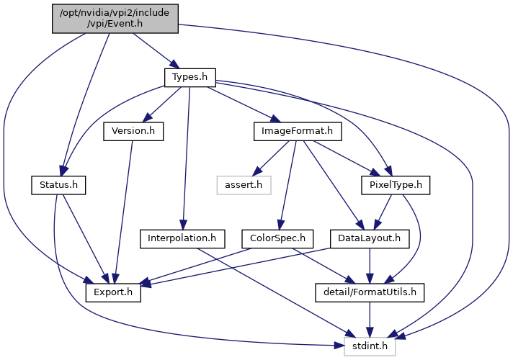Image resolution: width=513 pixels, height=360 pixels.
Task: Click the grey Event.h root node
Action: click(x=115, y=19)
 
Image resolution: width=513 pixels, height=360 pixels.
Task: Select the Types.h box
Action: click(x=190, y=78)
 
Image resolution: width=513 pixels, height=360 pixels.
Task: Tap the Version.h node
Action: click(x=133, y=132)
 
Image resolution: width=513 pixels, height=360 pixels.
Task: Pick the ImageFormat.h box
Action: click(x=298, y=132)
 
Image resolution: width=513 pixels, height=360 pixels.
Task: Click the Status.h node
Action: click(x=58, y=185)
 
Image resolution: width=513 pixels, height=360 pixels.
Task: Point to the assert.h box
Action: click(x=244, y=185)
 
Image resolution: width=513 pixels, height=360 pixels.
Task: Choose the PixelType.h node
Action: click(x=396, y=185)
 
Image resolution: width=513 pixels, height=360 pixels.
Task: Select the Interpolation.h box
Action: click(x=182, y=239)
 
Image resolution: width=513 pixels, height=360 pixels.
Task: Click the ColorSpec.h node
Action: click(x=277, y=239)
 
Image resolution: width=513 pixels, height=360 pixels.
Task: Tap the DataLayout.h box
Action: click(x=370, y=239)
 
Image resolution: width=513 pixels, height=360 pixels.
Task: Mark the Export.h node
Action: click(x=113, y=292)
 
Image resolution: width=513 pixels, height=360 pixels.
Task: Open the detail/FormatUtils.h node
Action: click(x=370, y=292)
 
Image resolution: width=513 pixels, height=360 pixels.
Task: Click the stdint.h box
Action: click(x=370, y=346)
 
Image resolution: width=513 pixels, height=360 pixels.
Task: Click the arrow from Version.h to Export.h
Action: click(x=123, y=212)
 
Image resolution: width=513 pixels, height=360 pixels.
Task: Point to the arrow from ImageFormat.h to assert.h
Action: click(x=271, y=158)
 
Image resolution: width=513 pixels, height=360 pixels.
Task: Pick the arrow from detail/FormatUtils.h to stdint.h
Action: click(x=370, y=320)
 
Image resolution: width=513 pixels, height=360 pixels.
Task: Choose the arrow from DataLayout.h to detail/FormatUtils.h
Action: click(x=370, y=266)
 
